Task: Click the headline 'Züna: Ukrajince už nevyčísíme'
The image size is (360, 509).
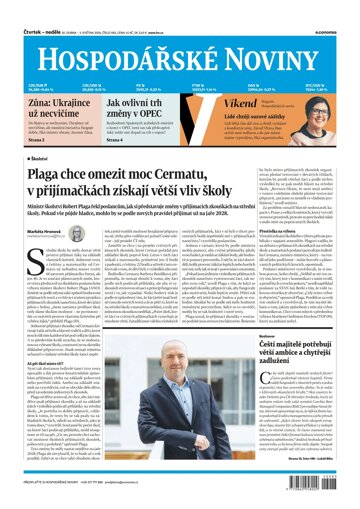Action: click(x=44, y=112)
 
